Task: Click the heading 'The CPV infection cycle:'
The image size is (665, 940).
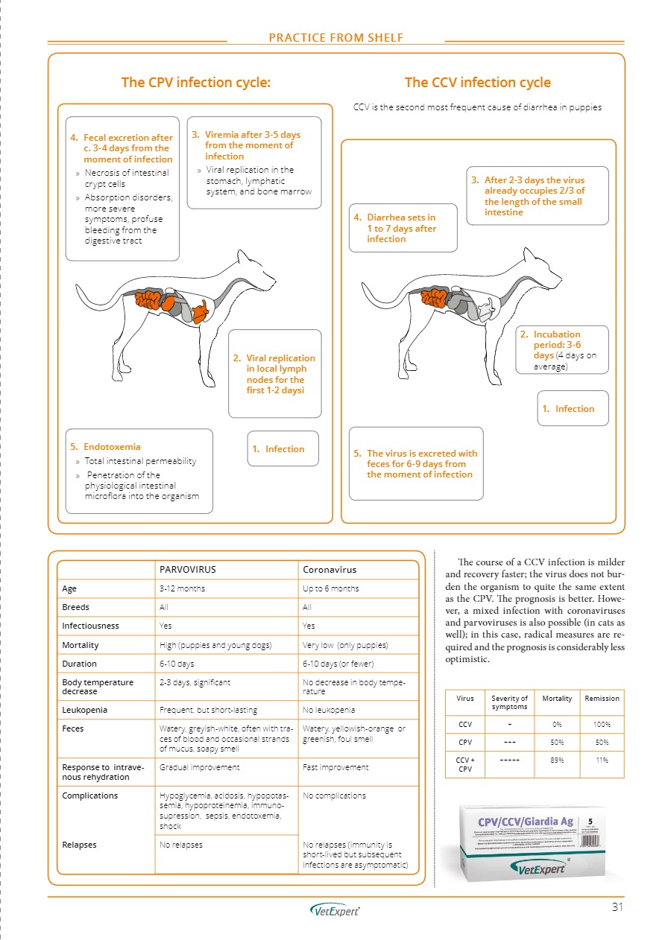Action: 195,83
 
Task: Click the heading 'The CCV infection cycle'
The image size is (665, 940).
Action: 477,83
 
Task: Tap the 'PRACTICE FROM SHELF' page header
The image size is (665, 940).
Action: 337,38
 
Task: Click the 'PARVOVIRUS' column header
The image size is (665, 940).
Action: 187,569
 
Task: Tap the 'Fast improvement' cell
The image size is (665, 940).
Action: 336,766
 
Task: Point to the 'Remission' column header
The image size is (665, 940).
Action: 602,698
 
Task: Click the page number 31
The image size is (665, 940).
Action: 617,906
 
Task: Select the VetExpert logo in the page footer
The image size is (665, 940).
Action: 335,910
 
